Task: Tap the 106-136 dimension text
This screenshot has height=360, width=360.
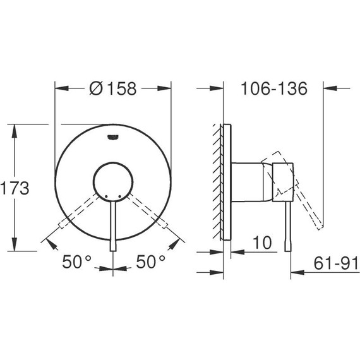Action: tap(273, 88)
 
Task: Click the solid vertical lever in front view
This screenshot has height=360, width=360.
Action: tap(114, 227)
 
